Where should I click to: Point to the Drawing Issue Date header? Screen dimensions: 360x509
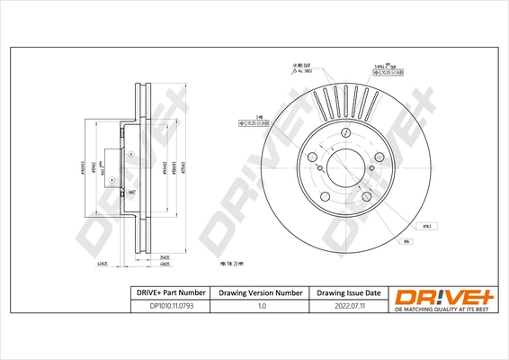(348, 293)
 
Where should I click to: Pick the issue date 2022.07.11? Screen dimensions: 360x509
(348, 307)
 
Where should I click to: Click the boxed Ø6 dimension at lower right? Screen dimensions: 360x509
(406, 241)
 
